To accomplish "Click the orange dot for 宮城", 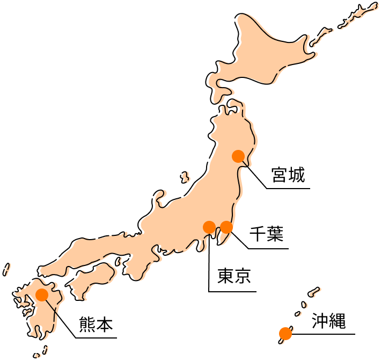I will pyautogui.click(x=238, y=156).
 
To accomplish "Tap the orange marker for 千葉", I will pyautogui.click(x=226, y=227).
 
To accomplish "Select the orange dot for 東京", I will pyautogui.click(x=209, y=227).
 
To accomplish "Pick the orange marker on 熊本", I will pyautogui.click(x=42, y=294).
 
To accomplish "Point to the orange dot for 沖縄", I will pyautogui.click(x=285, y=334).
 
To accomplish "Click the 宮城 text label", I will pyautogui.click(x=288, y=175).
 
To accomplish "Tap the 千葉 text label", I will pyautogui.click(x=266, y=234).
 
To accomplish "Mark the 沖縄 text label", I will pyautogui.click(x=329, y=321).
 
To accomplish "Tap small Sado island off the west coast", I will pyautogui.click(x=185, y=177).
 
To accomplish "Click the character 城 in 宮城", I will pyautogui.click(x=297, y=175).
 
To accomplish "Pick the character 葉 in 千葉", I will pyautogui.click(x=275, y=234).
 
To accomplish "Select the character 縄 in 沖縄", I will pyautogui.click(x=338, y=321).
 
